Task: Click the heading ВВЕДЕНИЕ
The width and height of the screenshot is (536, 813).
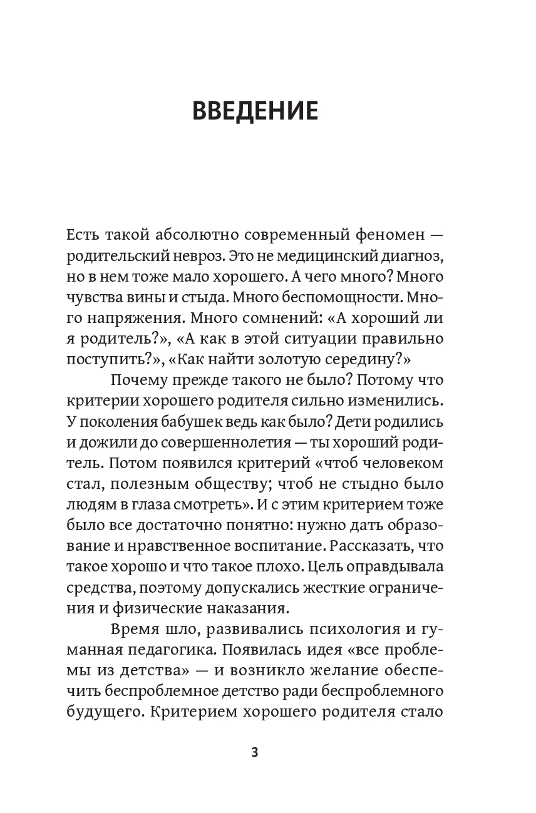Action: click(x=255, y=111)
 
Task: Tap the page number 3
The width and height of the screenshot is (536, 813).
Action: click(x=254, y=752)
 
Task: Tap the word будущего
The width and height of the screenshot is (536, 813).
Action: click(x=98, y=711)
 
